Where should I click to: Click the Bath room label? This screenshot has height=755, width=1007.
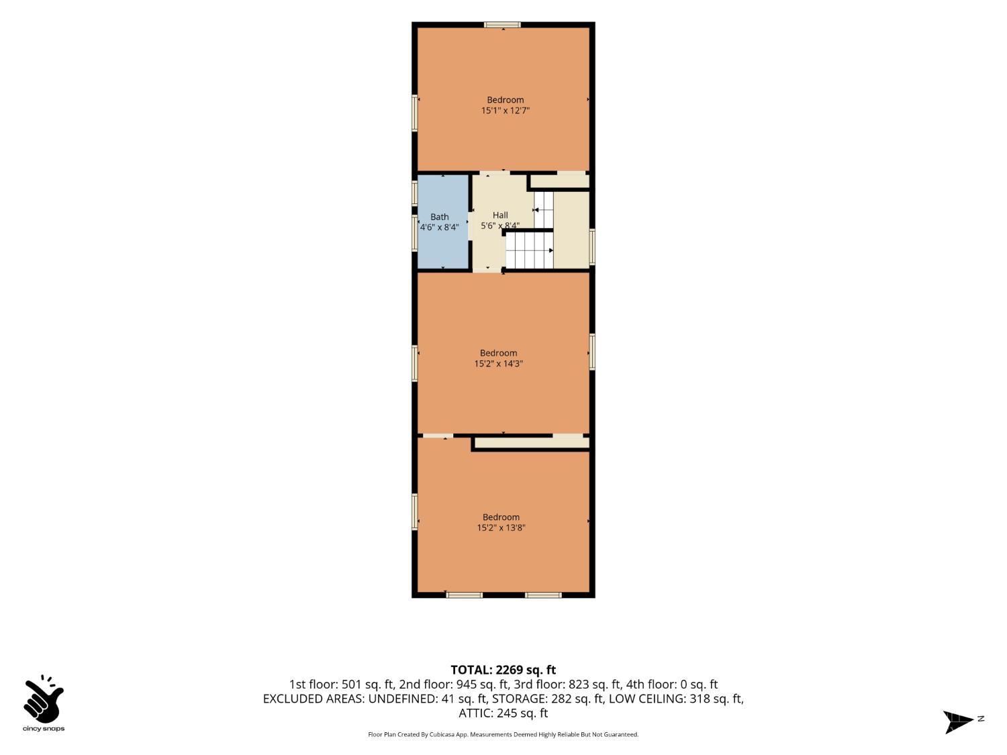(x=439, y=217)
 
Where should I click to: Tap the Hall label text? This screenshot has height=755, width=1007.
(x=500, y=215)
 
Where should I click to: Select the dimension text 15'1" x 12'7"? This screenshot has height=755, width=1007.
(x=505, y=111)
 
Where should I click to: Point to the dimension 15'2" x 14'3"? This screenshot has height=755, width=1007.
(x=498, y=364)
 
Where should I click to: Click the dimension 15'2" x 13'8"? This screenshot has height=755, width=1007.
(x=501, y=527)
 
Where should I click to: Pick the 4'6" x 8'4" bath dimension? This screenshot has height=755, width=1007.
(x=439, y=228)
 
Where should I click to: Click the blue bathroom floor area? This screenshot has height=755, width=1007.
(x=442, y=248)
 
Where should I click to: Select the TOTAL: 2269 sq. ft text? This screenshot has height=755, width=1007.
(x=503, y=670)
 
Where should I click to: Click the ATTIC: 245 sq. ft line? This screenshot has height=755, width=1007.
(x=503, y=713)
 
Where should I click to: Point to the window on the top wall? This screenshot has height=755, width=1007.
(x=503, y=25)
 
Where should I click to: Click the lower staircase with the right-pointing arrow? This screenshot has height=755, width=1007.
(x=530, y=250)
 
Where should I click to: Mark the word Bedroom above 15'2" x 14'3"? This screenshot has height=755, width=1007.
(x=498, y=353)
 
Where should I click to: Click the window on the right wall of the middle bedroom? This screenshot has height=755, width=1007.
(x=592, y=352)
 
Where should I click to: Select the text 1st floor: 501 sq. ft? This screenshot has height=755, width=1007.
(x=341, y=685)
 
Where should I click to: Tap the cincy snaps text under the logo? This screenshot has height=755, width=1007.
(x=44, y=729)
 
